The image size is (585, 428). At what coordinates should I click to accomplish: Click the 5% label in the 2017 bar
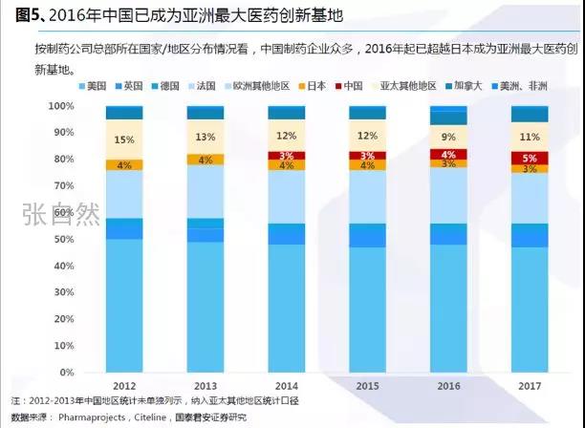(x=529, y=158)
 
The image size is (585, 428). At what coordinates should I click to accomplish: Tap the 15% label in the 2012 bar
(x=123, y=140)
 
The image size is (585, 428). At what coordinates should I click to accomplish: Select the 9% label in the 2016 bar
(x=447, y=137)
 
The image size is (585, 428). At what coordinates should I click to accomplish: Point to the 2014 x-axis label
(x=286, y=386)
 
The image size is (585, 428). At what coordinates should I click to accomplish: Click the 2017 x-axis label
(x=529, y=386)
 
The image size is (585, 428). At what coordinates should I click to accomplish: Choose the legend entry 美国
(x=93, y=85)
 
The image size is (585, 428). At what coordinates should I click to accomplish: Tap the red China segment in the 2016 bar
(x=447, y=155)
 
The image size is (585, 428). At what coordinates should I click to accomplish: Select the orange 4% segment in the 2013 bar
(x=205, y=160)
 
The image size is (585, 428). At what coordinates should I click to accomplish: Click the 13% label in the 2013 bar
(x=205, y=138)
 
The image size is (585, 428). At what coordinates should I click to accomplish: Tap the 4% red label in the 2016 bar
(x=447, y=155)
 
